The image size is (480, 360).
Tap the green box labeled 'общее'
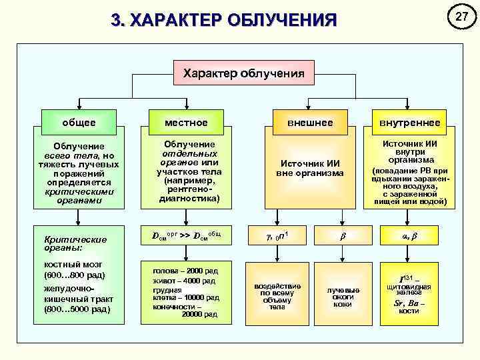pyautogui.click(x=79, y=123)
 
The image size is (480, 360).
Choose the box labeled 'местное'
pyautogui.click(x=187, y=123)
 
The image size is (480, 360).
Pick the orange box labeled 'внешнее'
pyautogui.click(x=309, y=123)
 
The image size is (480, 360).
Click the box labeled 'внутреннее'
pyautogui.click(x=409, y=123)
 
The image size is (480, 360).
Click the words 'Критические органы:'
pyautogui.click(x=66, y=243)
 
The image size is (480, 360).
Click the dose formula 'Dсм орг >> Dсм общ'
pyautogui.click(x=187, y=235)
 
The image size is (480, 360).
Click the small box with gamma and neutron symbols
pyautogui.click(x=277, y=235)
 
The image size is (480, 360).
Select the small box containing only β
pyautogui.click(x=343, y=235)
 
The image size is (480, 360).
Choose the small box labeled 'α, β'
pyautogui.click(x=409, y=235)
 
